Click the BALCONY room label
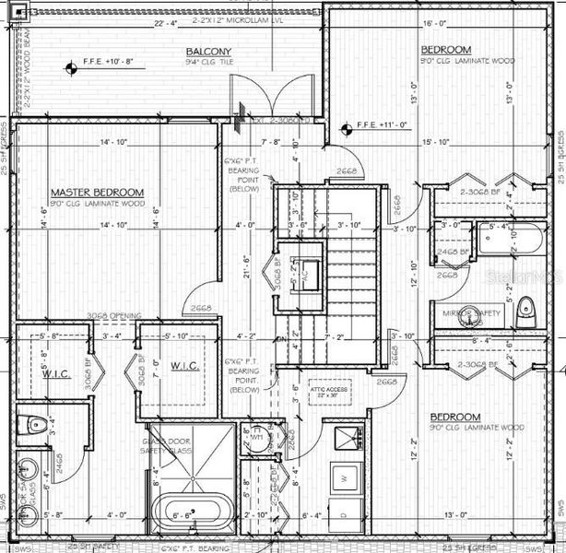pos(209,52)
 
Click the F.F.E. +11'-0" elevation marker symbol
pos(348,127)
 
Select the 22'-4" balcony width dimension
pos(166,23)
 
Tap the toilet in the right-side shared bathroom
pos(525,307)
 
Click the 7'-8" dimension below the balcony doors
pos(271,142)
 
